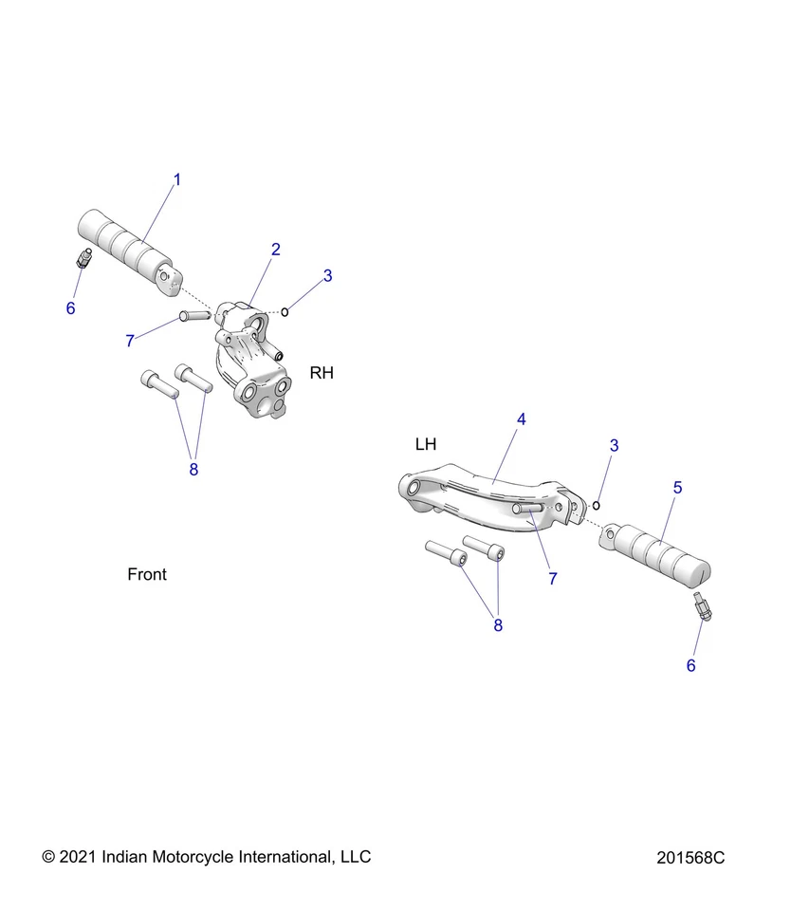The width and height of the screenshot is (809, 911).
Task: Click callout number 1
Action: [176, 179]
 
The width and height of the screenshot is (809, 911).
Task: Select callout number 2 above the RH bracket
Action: [275, 250]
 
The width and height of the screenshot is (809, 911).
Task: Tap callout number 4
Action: [521, 418]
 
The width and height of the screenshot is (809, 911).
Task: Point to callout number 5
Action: [677, 487]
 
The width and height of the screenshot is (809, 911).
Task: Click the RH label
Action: [322, 373]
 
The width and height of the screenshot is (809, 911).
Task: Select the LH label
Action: [426, 444]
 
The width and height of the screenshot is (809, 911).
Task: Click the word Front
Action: [147, 574]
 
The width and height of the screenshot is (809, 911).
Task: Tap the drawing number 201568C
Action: [690, 858]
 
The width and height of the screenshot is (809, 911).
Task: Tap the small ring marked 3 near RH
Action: [285, 311]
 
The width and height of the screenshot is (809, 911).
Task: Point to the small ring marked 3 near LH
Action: [596, 504]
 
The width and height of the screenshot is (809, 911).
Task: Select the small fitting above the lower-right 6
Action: [703, 606]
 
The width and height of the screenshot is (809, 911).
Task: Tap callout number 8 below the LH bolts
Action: [498, 624]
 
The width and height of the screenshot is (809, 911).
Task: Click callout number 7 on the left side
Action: [130, 342]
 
